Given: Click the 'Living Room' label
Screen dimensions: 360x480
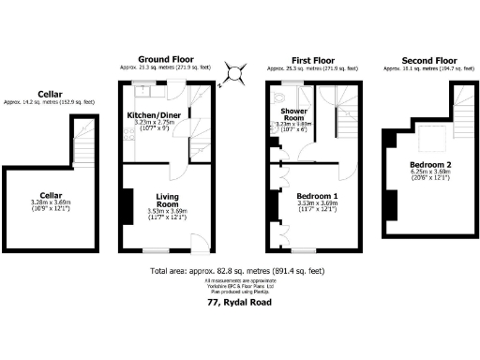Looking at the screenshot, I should tap(167, 198).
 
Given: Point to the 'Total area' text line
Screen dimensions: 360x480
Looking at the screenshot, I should tap(239, 272).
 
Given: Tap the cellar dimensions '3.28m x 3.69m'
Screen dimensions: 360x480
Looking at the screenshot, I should tap(52, 203).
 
